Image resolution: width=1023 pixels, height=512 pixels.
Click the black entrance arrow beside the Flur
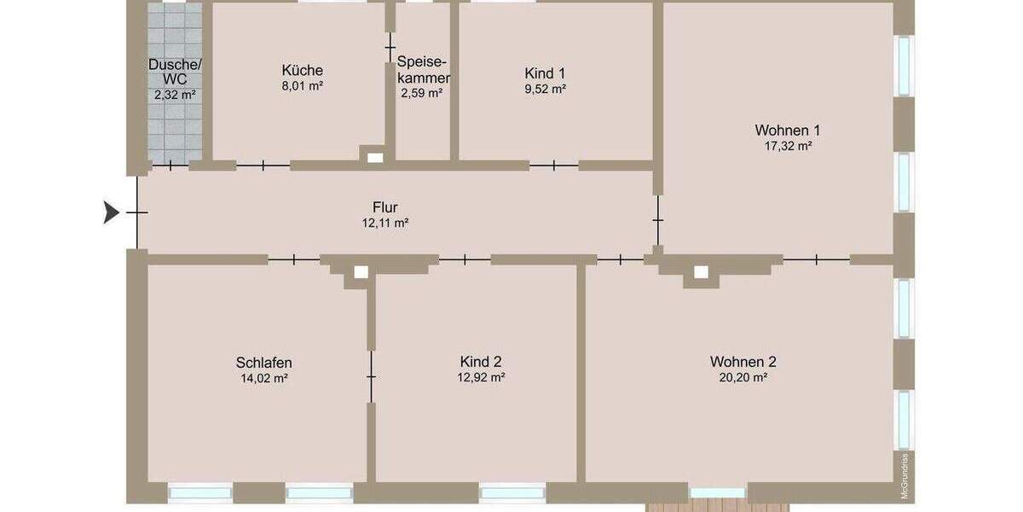[111, 212]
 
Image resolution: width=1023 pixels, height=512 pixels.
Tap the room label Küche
[302, 70]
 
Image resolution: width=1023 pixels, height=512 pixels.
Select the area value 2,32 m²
[175, 95]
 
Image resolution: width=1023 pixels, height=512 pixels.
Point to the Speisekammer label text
[423, 70]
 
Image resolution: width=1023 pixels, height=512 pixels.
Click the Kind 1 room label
[545, 73]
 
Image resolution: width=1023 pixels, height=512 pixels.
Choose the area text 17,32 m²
[787, 146]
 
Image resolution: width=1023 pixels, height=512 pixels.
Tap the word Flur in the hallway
[385, 207]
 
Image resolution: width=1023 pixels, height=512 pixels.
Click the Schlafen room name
[263, 362]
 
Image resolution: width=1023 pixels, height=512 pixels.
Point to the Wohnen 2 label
[743, 361]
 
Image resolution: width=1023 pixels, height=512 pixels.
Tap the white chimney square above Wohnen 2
[701, 272]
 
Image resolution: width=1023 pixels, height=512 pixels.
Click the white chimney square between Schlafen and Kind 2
[361, 272]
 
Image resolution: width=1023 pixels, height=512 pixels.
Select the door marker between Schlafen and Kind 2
[371, 376]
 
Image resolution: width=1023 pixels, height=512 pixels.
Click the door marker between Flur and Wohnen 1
[657, 221]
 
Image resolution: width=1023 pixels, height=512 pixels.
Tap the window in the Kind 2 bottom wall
[512, 492]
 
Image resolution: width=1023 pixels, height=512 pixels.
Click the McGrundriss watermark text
[905, 474]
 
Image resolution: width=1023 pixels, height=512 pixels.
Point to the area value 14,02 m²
[263, 377]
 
